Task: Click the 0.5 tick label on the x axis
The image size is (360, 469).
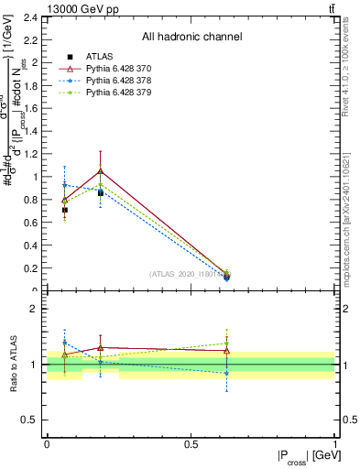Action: tap(191, 442)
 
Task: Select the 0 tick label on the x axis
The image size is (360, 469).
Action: tap(47, 442)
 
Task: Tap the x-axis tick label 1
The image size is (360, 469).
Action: tap(335, 442)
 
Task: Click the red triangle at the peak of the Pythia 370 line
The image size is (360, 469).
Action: tap(100, 170)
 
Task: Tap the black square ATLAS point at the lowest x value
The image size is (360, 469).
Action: tap(64, 210)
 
